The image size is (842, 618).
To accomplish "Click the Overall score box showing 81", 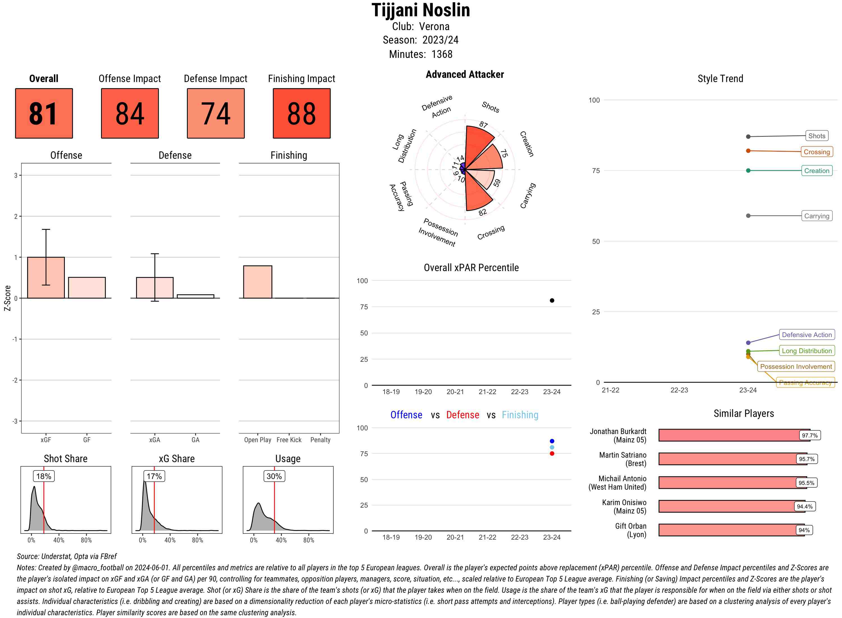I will point(44,113).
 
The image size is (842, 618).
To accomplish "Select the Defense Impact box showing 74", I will point(216,113).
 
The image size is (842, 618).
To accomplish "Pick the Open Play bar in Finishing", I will point(257,282).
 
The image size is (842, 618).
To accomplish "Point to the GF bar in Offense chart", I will point(87,287).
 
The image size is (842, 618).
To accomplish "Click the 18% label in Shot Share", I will point(44,476).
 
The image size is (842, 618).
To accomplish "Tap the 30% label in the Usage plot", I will point(274,476).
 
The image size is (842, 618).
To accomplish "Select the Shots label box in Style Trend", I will point(816,136).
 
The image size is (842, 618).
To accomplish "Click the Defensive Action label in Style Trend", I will point(807,335).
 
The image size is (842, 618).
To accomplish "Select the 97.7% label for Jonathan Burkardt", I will point(809,435).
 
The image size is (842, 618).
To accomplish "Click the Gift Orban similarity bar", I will point(731,530).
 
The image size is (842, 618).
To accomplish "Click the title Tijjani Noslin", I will point(420,10).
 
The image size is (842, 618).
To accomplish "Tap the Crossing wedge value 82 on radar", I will point(482,212).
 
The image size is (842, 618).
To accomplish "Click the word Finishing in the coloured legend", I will point(520,415).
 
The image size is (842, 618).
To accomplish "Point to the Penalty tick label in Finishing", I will point(320,440).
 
